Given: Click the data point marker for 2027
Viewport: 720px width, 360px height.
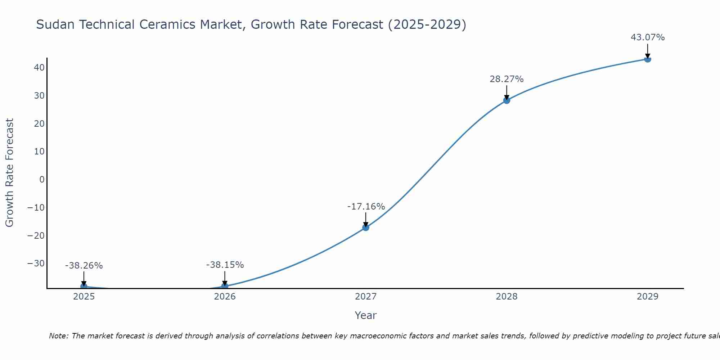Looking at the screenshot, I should [x=366, y=227].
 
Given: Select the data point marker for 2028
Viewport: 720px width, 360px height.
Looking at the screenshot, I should [x=507, y=100].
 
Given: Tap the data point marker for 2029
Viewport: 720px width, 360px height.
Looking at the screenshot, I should [x=648, y=59].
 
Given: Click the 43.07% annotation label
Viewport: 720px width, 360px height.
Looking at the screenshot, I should [x=648, y=37].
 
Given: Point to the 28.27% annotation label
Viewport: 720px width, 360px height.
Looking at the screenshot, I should [x=507, y=79].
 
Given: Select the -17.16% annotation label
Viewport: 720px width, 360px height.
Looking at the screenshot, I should [x=366, y=206].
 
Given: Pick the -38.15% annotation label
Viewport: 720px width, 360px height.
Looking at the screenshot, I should [x=225, y=265].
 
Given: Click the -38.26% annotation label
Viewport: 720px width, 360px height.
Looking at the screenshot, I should [x=84, y=265].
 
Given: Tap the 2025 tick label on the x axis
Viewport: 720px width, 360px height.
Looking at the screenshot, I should [x=84, y=297].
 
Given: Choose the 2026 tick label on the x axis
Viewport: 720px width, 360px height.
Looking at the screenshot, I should [x=225, y=297].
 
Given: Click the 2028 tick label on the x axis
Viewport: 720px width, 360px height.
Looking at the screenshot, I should [x=507, y=297].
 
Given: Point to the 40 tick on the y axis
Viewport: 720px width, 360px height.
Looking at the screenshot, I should [x=39, y=68].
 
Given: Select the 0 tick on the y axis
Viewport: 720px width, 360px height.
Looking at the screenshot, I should [x=42, y=179].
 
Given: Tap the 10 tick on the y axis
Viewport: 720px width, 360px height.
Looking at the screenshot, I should [x=39, y=151].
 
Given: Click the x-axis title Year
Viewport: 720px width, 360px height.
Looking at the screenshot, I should [x=365, y=315].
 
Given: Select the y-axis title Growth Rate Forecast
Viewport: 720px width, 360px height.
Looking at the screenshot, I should [x=10, y=172].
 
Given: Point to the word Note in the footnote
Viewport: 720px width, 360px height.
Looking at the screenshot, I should [x=58, y=336].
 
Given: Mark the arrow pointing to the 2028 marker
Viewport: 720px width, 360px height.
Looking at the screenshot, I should [x=507, y=93].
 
